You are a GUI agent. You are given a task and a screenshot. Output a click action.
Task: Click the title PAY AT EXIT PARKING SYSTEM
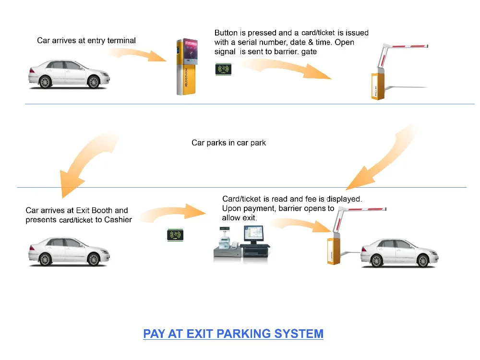[233, 334]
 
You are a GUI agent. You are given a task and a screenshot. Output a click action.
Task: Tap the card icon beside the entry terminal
[223, 69]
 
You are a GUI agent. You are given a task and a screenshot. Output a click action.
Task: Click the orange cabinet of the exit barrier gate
[334, 250]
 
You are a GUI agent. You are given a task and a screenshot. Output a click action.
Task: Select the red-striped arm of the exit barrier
[362, 209]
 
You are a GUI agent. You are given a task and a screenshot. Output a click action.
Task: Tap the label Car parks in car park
[228, 143]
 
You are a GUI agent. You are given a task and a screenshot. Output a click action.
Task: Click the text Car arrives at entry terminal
[86, 41]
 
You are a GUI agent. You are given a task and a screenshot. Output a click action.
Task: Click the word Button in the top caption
[226, 33]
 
